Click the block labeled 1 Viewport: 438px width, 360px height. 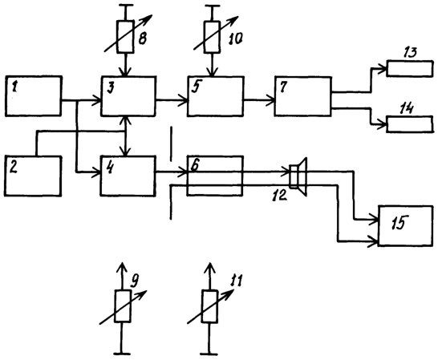33,95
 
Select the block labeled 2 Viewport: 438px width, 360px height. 32,176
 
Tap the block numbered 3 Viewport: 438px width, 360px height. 128,95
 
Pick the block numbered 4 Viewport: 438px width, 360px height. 128,176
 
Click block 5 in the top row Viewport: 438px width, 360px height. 215,95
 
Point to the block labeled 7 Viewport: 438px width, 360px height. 302,95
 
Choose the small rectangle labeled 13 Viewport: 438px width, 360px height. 410,68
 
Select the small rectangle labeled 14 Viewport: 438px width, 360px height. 410,123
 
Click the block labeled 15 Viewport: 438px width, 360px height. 406,225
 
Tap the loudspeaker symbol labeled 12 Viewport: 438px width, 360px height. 298,176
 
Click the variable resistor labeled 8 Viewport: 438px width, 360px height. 125,37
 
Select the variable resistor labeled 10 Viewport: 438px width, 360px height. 212,37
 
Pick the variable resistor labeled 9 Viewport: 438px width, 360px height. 123,306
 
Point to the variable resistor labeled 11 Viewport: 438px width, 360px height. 210,306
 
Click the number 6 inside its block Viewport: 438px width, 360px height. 194,165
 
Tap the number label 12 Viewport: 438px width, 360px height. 280,195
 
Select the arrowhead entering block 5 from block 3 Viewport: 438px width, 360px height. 184,99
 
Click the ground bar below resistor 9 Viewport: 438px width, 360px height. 122,354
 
